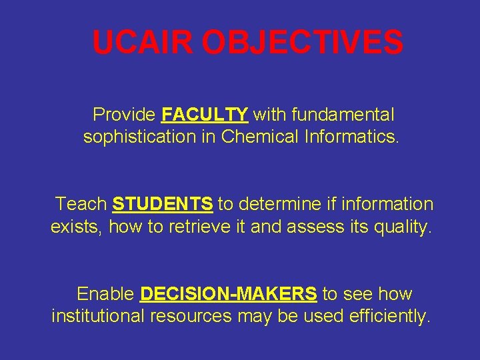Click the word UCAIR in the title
tap(143, 43)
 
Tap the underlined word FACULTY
tap(205, 115)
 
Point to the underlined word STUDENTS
tap(163, 203)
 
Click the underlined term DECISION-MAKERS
tap(229, 294)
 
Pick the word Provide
tap(124, 115)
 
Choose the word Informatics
tap(353, 137)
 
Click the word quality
tap(403, 227)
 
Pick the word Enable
tap(105, 294)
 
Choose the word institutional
tap(97, 316)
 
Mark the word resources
tap(192, 317)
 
